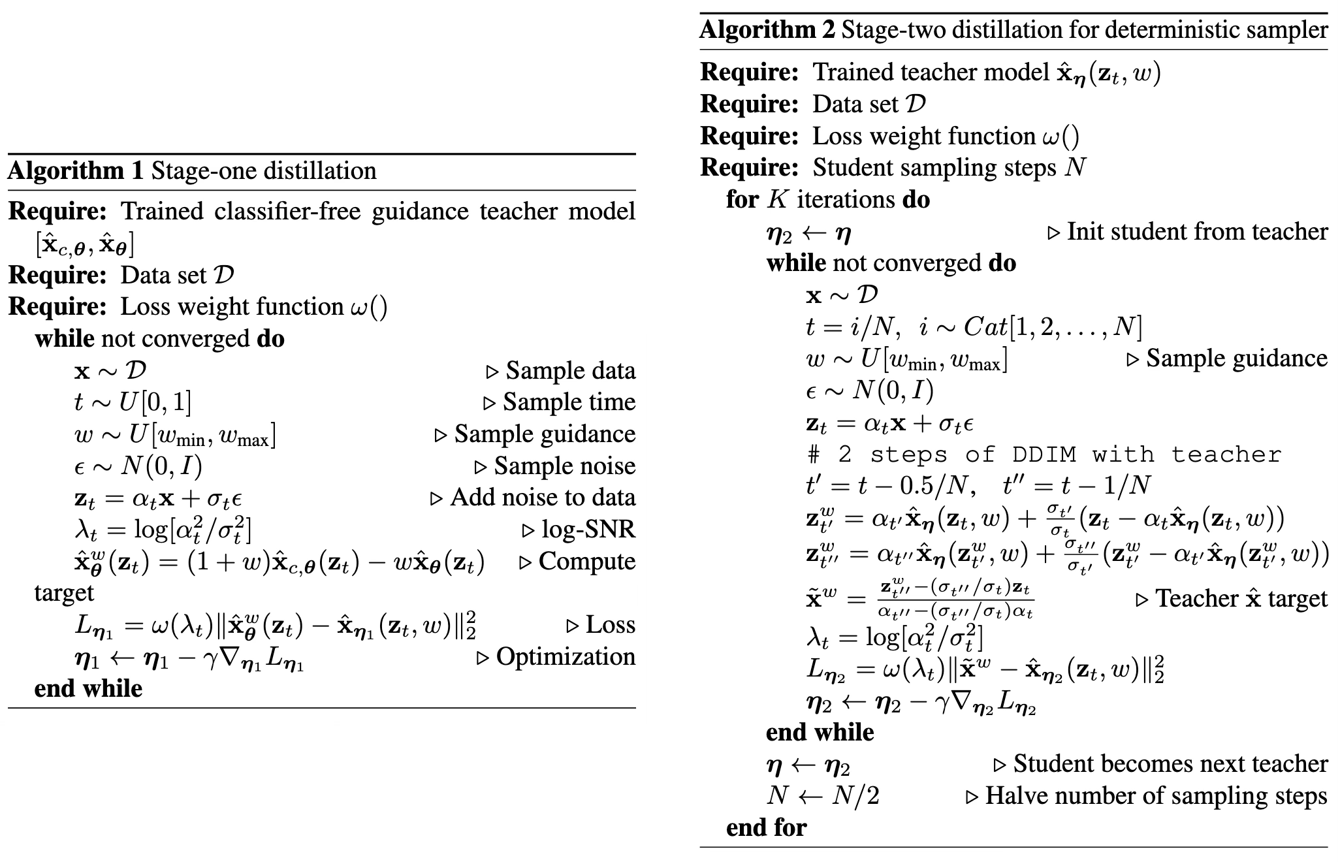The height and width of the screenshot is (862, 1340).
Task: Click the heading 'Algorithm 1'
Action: (x=75, y=171)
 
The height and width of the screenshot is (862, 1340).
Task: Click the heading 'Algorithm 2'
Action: (x=767, y=30)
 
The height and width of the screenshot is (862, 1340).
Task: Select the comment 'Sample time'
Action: (x=568, y=402)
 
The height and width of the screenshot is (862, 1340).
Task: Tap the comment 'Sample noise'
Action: (x=564, y=466)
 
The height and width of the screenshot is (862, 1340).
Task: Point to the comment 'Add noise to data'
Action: (x=542, y=498)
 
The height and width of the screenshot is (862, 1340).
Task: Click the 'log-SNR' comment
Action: (x=588, y=530)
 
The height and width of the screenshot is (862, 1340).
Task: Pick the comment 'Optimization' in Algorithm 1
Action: (x=565, y=657)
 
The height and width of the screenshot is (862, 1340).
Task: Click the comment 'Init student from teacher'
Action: (x=1196, y=232)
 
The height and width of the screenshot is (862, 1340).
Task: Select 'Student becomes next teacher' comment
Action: (x=1170, y=764)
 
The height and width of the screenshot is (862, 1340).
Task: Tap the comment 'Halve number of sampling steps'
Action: (x=1156, y=796)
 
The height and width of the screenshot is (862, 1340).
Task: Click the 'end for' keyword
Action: (x=766, y=828)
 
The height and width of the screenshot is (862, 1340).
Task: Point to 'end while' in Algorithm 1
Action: (x=88, y=689)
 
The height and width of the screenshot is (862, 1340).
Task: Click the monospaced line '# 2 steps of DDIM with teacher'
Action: (x=1044, y=455)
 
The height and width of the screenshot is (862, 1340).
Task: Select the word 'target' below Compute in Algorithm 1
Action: (x=64, y=593)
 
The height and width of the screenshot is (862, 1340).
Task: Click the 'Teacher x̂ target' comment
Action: (x=1241, y=599)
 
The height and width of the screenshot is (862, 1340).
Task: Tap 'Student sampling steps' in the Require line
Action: (x=934, y=168)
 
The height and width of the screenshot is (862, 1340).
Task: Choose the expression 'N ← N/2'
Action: (x=822, y=796)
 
